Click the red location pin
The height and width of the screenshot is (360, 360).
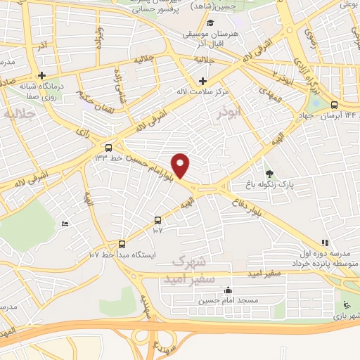(x=181, y=165)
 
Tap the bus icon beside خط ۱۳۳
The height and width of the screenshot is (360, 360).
(x=108, y=148)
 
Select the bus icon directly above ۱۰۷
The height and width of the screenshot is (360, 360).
(x=157, y=219)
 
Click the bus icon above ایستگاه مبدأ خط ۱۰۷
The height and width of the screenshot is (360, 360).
(x=123, y=244)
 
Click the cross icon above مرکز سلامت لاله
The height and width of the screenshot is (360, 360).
(x=203, y=80)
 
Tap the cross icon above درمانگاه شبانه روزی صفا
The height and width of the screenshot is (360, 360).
(x=42, y=75)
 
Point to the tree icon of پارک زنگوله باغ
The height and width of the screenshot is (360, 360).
(x=269, y=173)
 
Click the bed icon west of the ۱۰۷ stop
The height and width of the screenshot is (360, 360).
(x=65, y=224)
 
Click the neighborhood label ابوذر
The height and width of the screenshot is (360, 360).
(x=229, y=111)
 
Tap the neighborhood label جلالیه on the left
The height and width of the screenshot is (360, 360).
(x=19, y=114)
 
